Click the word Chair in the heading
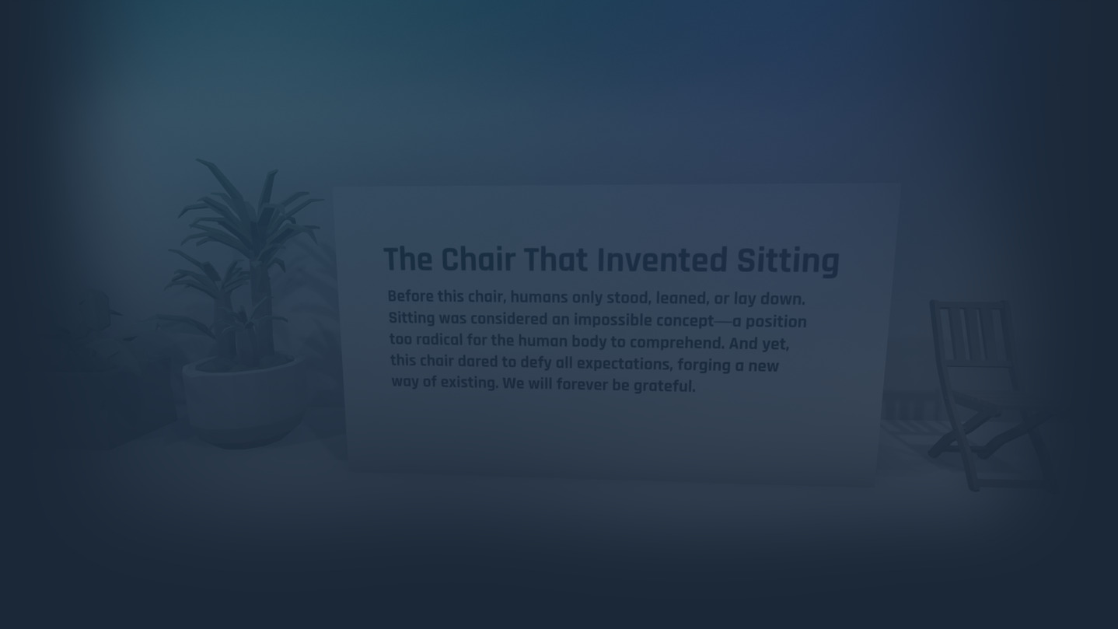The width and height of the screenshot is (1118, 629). [x=478, y=260]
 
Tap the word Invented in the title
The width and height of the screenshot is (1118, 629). [x=662, y=260]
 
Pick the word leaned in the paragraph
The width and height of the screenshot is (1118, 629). [x=683, y=299]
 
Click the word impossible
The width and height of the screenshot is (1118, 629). [x=613, y=320]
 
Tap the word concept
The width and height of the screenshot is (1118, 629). [x=685, y=321]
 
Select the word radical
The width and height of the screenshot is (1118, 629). [x=439, y=340]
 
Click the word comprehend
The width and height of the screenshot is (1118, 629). [x=677, y=343]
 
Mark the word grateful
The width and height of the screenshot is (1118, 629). [x=664, y=386]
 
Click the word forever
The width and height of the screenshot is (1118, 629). [x=582, y=384]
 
